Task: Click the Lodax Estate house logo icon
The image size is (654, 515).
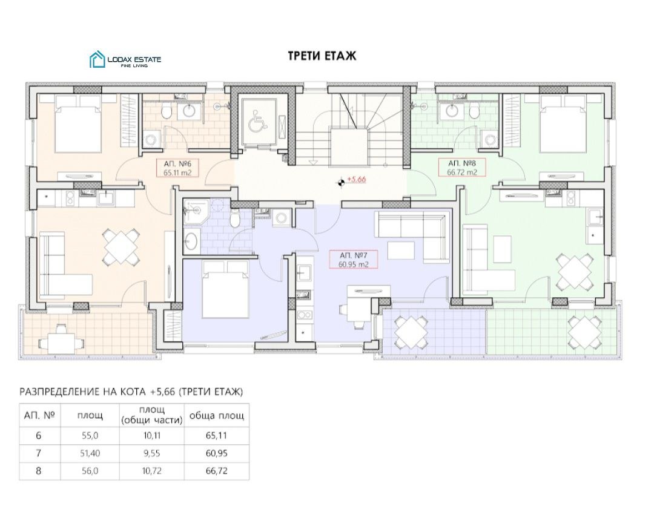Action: [97, 59]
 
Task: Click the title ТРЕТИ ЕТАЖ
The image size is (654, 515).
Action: [322, 56]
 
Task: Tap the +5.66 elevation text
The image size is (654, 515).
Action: [356, 180]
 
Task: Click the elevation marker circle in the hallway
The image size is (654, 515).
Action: [341, 182]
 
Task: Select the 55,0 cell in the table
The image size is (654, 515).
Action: [90, 435]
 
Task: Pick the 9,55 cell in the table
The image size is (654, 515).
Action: [152, 453]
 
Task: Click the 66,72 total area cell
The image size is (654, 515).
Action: [216, 471]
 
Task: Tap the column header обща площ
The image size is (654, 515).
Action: [216, 415]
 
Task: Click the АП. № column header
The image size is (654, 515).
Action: [39, 415]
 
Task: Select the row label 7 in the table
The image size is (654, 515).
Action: [39, 453]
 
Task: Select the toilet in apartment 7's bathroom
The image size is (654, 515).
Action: [235, 219]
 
